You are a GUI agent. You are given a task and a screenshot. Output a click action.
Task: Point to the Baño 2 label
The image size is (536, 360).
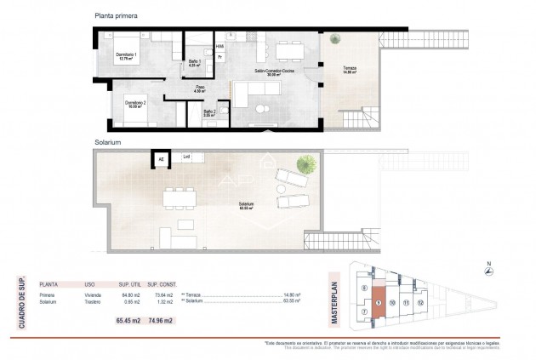208,111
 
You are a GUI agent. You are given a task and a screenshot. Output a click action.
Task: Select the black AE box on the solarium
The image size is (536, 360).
158,157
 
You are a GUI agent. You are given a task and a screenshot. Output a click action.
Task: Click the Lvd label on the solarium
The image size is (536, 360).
186,157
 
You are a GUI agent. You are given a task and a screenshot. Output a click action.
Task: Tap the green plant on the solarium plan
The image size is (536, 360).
302,163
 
